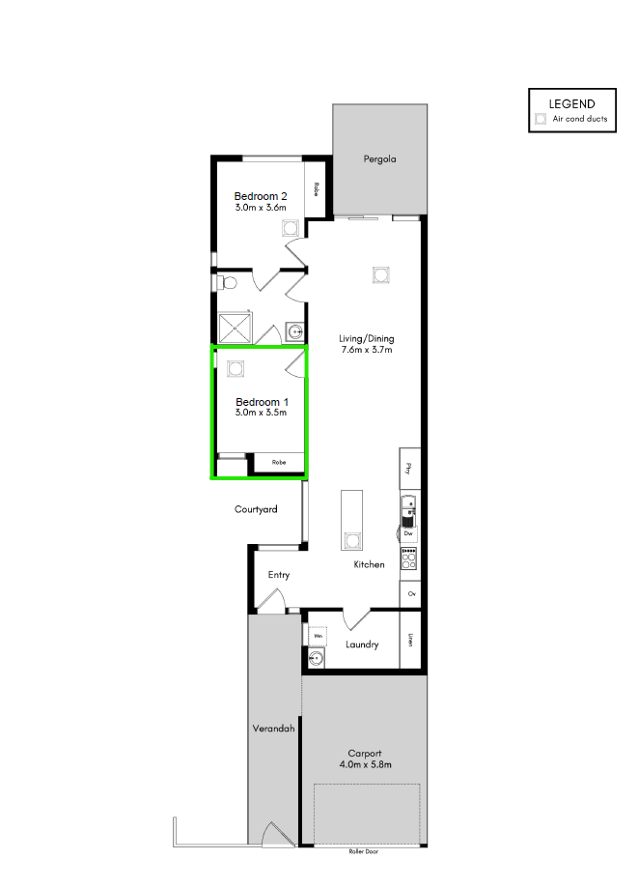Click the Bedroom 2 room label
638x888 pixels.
tap(261, 196)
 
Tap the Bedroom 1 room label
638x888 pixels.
tap(261, 402)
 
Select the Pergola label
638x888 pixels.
tap(379, 158)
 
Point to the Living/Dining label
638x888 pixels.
tap(366, 339)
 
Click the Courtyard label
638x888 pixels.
tap(256, 509)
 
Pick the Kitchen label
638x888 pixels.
tap(369, 564)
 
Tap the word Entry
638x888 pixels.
tap(278, 575)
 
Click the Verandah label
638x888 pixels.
tap(273, 728)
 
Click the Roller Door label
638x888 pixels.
tap(366, 852)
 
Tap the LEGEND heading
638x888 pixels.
tap(571, 103)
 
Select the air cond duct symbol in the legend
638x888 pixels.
tap(541, 119)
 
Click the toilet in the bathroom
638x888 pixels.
tap(226, 283)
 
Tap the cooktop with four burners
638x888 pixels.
tap(409, 558)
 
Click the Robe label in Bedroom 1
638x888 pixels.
tap(279, 463)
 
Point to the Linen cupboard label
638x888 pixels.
tap(411, 639)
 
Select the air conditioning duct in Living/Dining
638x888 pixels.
tap(380, 274)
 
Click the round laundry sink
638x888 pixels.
tap(316, 660)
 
